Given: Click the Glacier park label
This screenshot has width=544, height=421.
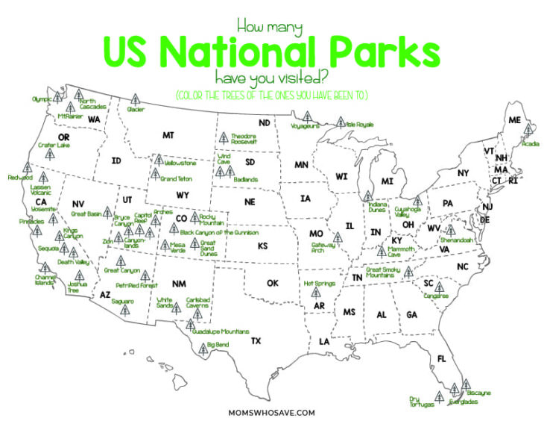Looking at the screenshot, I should pos(136,110).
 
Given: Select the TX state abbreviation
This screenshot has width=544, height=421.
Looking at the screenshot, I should pos(256,340).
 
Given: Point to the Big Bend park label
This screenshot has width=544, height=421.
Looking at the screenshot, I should pos(218,345).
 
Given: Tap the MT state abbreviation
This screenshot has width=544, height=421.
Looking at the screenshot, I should pos(168,135).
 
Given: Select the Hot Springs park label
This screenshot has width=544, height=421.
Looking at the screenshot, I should pos(318,284).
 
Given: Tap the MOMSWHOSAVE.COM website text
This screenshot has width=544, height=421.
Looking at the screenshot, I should pos(272,411).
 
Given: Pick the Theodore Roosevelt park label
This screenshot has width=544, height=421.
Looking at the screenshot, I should pos(244,139).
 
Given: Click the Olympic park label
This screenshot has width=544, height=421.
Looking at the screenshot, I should pos(42,99).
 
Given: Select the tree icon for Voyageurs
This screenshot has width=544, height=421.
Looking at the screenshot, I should pos(306,116).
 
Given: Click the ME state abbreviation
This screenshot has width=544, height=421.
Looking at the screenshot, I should pos(514,119).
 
